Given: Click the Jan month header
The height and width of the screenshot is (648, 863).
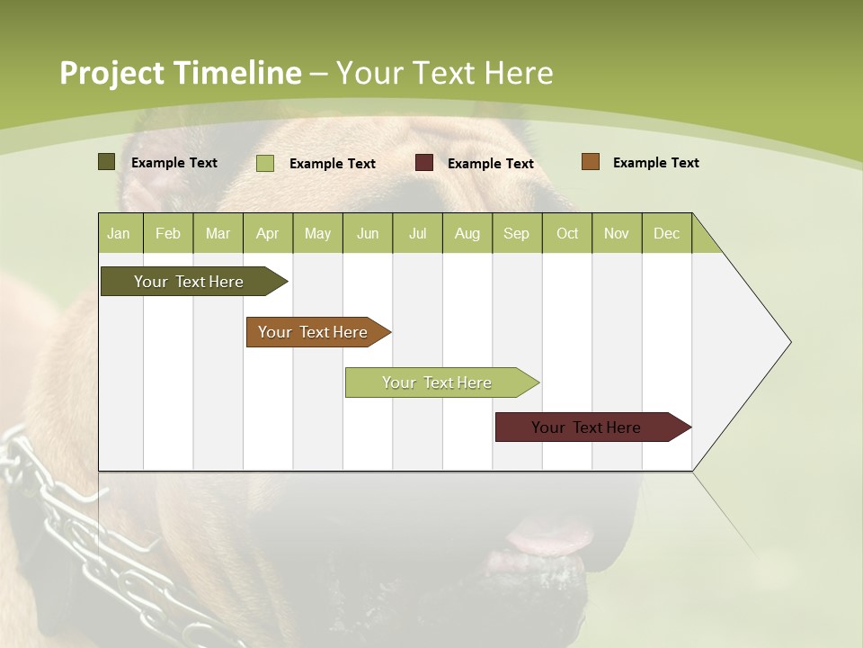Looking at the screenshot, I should [120, 233].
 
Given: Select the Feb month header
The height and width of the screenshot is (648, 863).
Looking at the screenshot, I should [168, 233].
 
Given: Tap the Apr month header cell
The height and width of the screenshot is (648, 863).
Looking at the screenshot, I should [268, 233].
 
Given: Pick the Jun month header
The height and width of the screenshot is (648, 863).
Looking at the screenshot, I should [368, 233].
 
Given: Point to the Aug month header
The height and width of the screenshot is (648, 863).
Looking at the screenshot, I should [467, 233].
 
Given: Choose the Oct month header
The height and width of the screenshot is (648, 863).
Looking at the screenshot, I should [567, 233].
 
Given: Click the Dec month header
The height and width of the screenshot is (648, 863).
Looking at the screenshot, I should [667, 233].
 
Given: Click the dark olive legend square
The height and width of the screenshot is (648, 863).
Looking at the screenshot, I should [107, 162].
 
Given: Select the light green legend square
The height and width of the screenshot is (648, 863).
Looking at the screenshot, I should [265, 163].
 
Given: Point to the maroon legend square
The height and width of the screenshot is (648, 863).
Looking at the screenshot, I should [424, 163].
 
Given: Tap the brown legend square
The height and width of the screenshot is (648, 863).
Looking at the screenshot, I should [591, 162].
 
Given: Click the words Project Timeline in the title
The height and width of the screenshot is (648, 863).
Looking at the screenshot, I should [180, 73].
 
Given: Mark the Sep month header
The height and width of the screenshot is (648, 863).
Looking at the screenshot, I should [517, 233].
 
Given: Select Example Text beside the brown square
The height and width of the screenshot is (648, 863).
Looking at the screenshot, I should [655, 163].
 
